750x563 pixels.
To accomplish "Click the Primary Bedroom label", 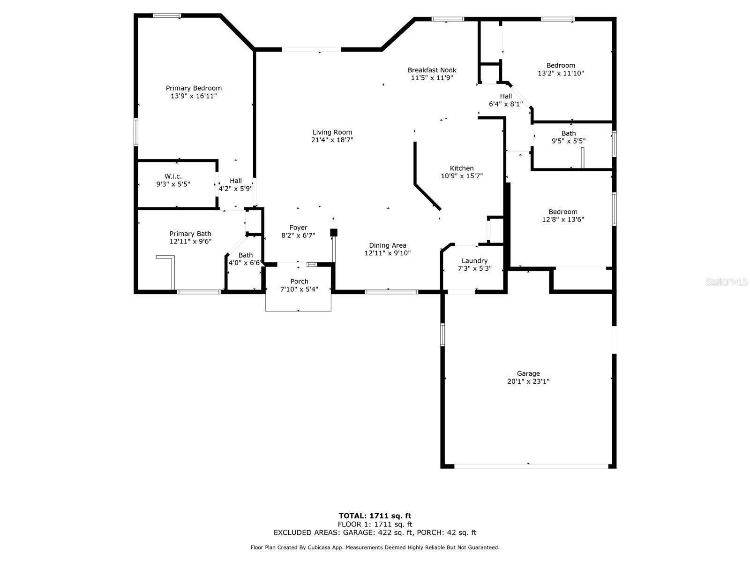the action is (x=194, y=88).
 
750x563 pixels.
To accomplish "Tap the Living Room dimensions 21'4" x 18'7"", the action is (x=332, y=140).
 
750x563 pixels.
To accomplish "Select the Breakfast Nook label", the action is (x=432, y=70).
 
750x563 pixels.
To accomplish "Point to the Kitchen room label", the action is (x=462, y=168).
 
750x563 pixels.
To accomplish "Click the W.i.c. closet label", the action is (x=173, y=176).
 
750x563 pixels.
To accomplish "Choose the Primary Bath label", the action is (x=190, y=234).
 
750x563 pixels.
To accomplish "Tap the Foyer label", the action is (x=298, y=228).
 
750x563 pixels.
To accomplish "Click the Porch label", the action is (x=299, y=281).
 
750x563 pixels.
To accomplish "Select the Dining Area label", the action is (x=388, y=245).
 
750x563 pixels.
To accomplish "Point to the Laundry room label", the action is (x=474, y=261).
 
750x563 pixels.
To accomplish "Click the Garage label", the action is (x=528, y=373).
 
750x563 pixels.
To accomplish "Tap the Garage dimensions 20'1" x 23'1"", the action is (x=528, y=381).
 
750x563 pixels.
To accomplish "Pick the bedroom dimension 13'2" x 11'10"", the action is (x=561, y=73).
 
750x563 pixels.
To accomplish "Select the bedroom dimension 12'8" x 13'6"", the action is (x=563, y=220).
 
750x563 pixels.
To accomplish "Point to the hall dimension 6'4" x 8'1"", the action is (x=506, y=104).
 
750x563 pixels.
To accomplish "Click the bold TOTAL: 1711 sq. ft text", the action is (x=375, y=516).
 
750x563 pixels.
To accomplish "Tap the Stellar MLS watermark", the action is (x=727, y=281).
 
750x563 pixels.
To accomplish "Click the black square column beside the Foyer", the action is (x=333, y=232).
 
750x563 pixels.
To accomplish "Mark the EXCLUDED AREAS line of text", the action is (x=375, y=532).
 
